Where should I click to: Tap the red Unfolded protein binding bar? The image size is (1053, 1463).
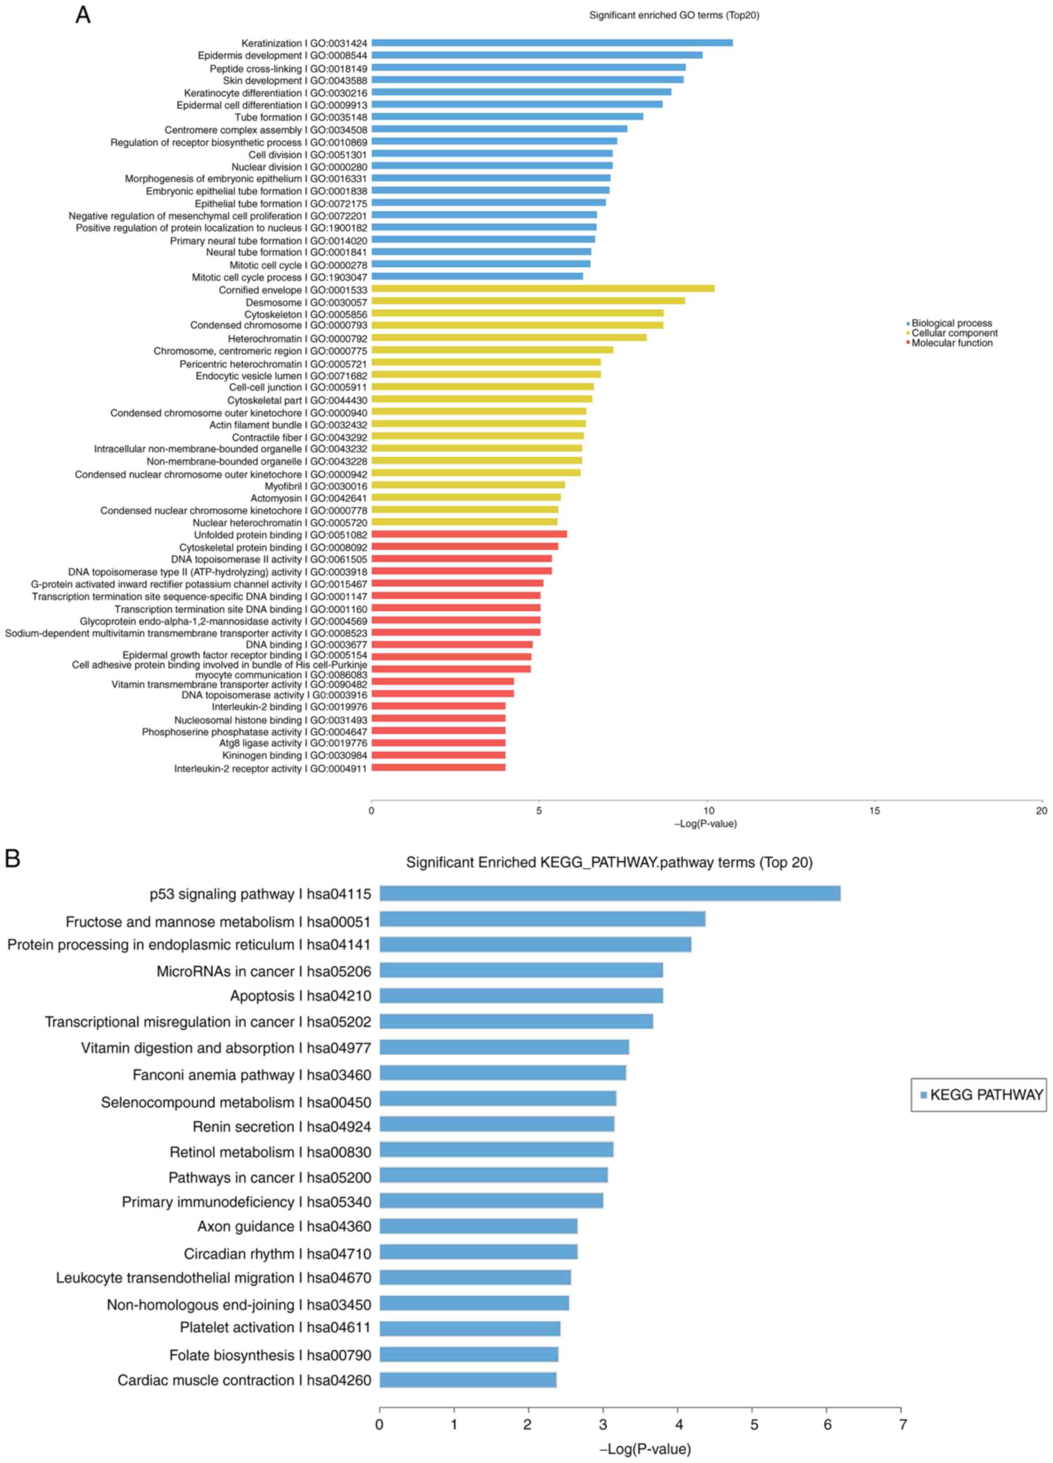point(469,534)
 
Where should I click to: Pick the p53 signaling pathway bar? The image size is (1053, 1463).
point(609,893)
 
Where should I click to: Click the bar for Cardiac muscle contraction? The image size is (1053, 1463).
point(468,1380)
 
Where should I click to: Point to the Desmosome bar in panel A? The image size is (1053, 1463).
point(527,301)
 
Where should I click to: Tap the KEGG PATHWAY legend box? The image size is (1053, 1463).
point(978,1095)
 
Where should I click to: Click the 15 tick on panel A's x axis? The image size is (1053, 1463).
point(874,811)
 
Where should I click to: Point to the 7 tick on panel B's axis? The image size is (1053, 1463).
point(902,1424)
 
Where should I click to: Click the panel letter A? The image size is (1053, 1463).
point(83,14)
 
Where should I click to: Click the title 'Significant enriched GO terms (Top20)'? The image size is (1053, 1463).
point(674,15)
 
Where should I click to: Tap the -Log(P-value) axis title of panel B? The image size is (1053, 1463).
point(645,1450)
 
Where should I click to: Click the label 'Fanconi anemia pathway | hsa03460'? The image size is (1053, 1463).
point(252,1075)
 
